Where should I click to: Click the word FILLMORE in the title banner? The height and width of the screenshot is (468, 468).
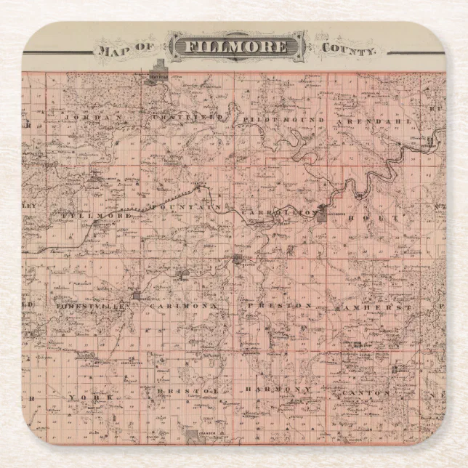[x=238, y=47]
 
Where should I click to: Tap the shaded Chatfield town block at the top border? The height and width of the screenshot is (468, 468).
[x=158, y=76]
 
